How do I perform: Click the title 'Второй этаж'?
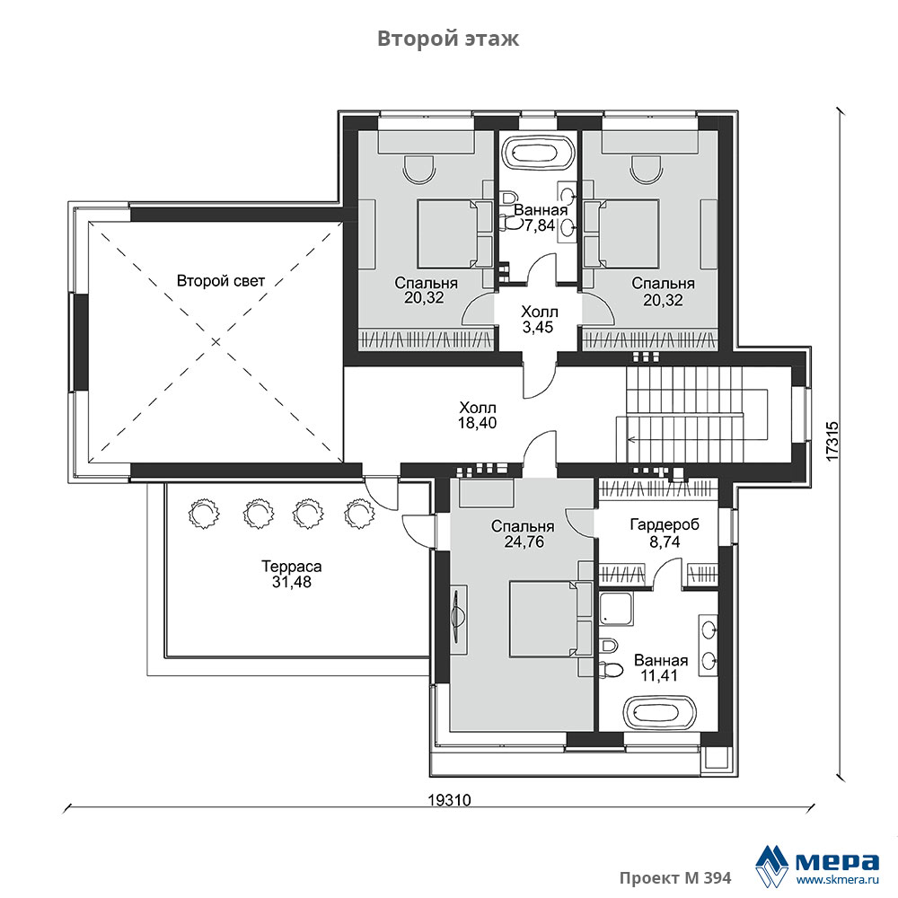coord(448,39)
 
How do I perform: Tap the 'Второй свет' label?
coord(221,281)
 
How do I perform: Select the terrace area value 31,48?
coord(292,582)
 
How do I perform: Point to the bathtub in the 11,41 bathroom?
coord(660,712)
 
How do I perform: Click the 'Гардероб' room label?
coord(665,524)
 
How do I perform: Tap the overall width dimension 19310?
coord(450,800)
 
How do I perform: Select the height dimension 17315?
coord(832,441)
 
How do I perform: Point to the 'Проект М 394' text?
coord(675,878)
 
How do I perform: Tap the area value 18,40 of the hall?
coord(477,423)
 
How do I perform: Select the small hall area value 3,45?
coord(538,327)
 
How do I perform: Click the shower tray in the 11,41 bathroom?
coord(616,609)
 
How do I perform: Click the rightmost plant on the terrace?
coord(360,513)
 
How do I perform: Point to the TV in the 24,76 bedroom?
coord(458,619)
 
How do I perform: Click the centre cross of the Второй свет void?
coord(216,342)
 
